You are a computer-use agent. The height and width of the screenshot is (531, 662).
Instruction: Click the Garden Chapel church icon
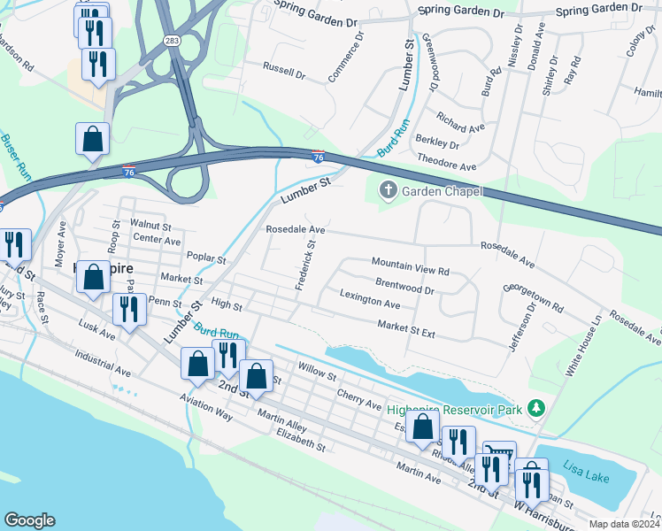[x=387, y=189]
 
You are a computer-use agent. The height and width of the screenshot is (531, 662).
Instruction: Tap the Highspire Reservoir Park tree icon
[x=535, y=408]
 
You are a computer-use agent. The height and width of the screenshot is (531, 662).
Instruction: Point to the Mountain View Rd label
[x=411, y=263]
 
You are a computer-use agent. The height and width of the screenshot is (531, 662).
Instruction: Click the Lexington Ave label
[x=370, y=300]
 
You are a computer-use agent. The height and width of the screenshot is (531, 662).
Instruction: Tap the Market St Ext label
[x=406, y=330]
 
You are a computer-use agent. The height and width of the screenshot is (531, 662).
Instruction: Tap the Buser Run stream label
[x=15, y=158]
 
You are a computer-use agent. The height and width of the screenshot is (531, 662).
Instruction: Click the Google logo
[x=29, y=520]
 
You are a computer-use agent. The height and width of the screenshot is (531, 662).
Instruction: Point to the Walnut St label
[x=150, y=226]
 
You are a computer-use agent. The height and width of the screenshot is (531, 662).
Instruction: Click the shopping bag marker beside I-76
[x=93, y=139]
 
